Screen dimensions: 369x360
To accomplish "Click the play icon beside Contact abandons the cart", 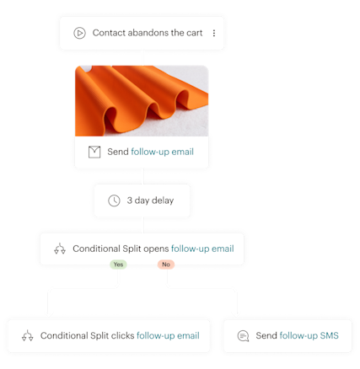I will pyautogui.click(x=79, y=34).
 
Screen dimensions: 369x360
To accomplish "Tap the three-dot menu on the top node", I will pyautogui.click(x=213, y=34).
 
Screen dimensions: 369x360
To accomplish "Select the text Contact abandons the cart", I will pyautogui.click(x=148, y=34).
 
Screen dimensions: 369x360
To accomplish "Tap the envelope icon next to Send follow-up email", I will pyautogui.click(x=94, y=152).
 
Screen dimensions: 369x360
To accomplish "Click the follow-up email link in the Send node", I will pyautogui.click(x=163, y=152).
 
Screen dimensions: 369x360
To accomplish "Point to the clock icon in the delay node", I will pyautogui.click(x=114, y=201).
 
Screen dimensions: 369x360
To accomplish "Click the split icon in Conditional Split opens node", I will pyautogui.click(x=59, y=249).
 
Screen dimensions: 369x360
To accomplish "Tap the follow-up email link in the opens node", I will pyautogui.click(x=202, y=249).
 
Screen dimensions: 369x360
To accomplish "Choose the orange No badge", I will pyautogui.click(x=166, y=265).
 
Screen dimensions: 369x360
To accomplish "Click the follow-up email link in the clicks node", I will pyautogui.click(x=168, y=336).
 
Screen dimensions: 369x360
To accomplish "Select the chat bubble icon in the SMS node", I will pyautogui.click(x=243, y=336).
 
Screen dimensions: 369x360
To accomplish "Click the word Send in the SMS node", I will pyautogui.click(x=267, y=336).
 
